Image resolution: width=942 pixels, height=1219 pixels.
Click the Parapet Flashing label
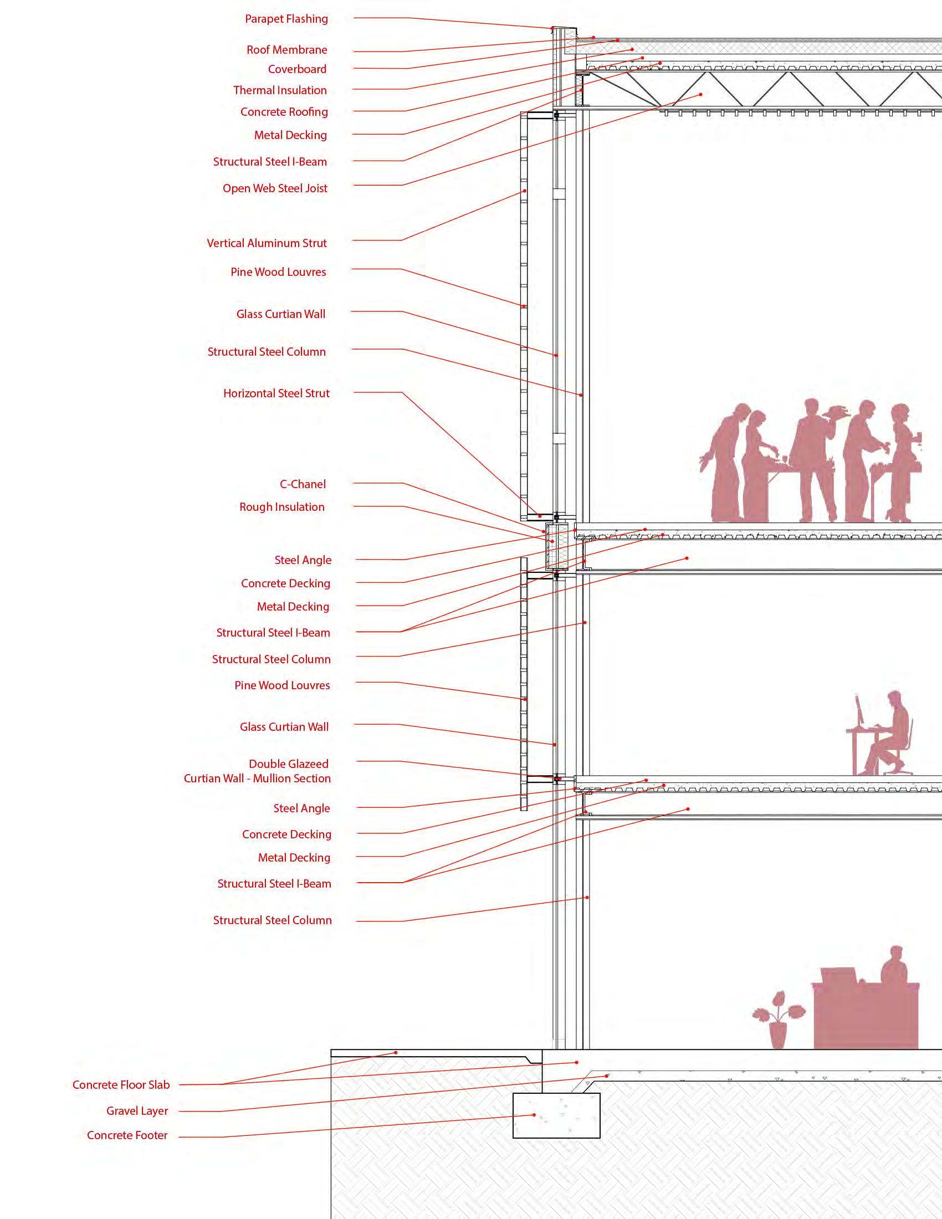[x=286, y=19]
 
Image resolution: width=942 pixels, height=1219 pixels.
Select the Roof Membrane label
[x=287, y=50]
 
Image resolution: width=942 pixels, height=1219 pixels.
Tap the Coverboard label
[x=297, y=69]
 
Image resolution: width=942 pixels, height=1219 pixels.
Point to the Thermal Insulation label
[x=280, y=90]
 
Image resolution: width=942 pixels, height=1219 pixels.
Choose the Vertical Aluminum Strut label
[x=267, y=243]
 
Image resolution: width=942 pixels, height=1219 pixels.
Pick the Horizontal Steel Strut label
[x=277, y=393]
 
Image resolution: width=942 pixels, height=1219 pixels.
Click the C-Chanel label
[x=303, y=484]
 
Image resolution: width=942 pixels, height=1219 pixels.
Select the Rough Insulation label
[x=282, y=508]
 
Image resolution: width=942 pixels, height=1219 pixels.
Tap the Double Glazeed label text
[x=289, y=764]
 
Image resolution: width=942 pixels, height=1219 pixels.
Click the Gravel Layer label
[x=137, y=1112]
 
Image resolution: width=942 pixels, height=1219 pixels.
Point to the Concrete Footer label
[x=127, y=1135]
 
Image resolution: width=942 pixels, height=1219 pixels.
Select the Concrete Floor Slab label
[x=121, y=1085]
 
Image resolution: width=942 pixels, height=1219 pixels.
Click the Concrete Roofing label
[x=284, y=112]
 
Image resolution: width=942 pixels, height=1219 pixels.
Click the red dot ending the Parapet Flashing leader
[x=552, y=28]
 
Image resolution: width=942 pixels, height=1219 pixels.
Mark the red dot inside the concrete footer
[x=534, y=1115]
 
